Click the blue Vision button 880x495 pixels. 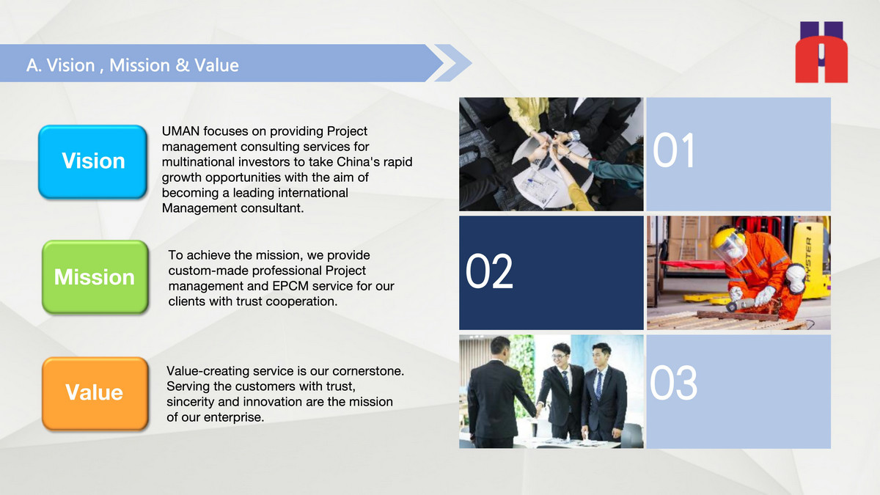coord(92,161)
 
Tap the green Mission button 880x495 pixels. coord(95,277)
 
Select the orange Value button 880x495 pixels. coord(95,393)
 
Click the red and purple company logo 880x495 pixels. coord(821,52)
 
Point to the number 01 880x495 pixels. coord(674,150)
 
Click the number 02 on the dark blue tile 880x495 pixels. coord(489,271)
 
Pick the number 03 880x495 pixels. coord(673,383)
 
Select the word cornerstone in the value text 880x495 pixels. coord(367,371)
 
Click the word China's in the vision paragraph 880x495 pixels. coord(358,162)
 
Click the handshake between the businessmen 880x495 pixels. coord(538,411)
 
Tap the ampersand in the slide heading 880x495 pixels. coord(183,65)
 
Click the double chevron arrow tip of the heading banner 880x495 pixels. coord(452,63)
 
